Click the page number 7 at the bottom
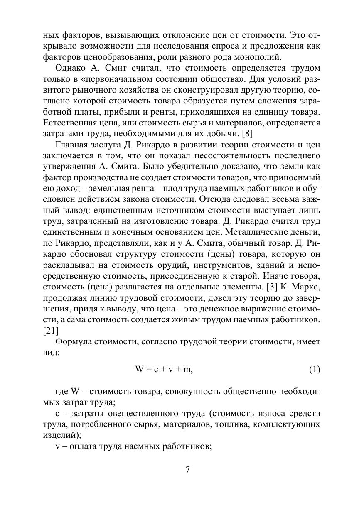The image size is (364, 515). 188,470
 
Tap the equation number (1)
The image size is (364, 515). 314,369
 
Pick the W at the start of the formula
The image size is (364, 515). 140,369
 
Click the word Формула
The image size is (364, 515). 74,341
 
